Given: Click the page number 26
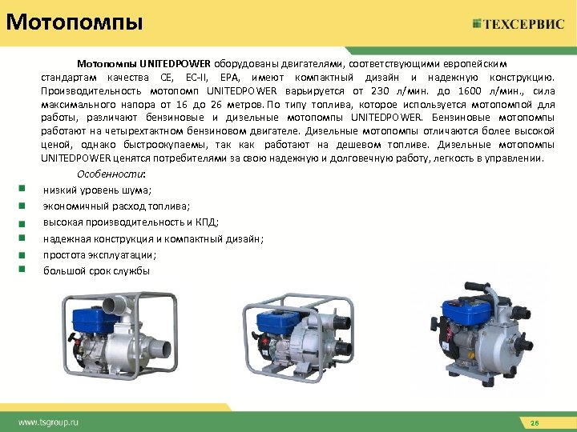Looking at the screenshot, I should coord(536,422).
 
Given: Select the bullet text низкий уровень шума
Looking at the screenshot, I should coord(98,190).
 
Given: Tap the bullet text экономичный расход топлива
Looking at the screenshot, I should coord(111,206).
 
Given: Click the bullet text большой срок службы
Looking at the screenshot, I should coord(96,270).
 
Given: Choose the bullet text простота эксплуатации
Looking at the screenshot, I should coord(100,254).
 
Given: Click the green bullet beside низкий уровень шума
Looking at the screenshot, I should coord(18,190).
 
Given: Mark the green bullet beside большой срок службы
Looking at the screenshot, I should coord(18,270).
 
